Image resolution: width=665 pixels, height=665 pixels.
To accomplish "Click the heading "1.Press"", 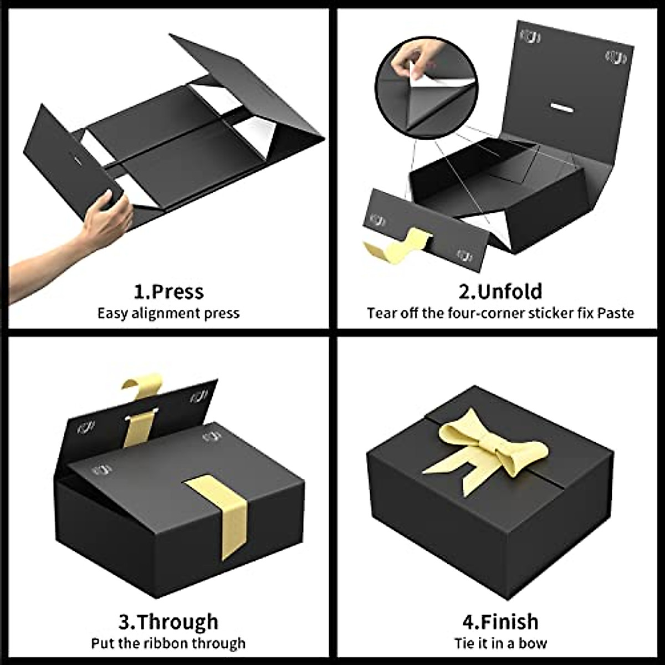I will [x=168, y=291].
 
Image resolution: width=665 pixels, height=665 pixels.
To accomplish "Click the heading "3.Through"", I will [x=168, y=622].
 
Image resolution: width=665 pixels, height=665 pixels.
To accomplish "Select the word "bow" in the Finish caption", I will [x=534, y=643].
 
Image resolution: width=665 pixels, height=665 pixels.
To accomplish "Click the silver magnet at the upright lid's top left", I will [x=530, y=38].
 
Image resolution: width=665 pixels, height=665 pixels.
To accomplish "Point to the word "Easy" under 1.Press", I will [x=114, y=314].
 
